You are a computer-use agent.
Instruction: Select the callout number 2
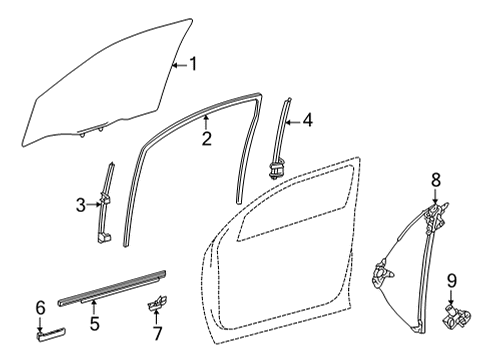point(205,137)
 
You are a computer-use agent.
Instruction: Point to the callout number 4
point(307,121)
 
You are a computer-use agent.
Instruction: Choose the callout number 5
point(94,323)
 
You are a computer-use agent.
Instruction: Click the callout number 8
point(436,181)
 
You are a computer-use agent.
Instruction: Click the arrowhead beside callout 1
point(174,65)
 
